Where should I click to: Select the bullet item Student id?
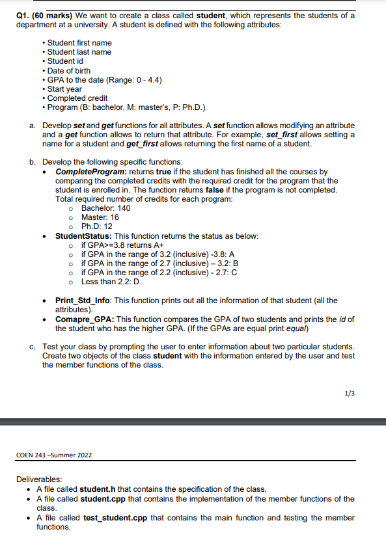click(70, 61)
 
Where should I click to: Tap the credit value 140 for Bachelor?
click(124, 208)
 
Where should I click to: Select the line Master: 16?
click(100, 217)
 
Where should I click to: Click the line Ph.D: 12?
click(97, 226)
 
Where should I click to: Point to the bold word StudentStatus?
click(80, 235)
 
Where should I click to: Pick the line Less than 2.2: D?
click(109, 282)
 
